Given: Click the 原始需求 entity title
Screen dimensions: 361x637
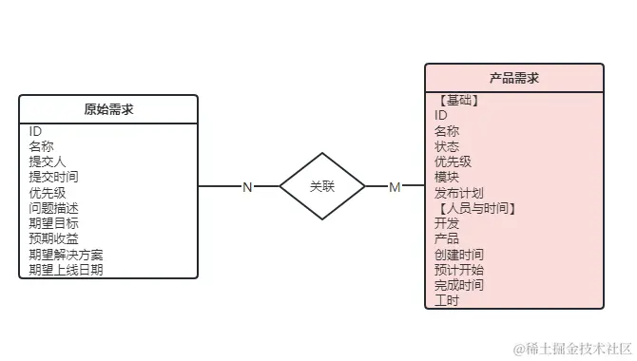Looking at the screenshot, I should pyautogui.click(x=108, y=109).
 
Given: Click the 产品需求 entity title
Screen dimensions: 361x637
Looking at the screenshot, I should pyautogui.click(x=514, y=78).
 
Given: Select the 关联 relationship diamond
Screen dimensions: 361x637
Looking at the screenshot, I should pyautogui.click(x=322, y=186).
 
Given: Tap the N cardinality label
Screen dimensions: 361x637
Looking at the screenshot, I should pyautogui.click(x=247, y=187).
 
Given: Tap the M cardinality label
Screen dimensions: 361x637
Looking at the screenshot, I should pyautogui.click(x=395, y=187).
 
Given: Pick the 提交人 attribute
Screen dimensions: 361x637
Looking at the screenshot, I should pyautogui.click(x=48, y=161).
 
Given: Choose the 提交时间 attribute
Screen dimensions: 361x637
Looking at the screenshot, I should pyautogui.click(x=53, y=177).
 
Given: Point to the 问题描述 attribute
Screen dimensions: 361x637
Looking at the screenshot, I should pyautogui.click(x=53, y=208).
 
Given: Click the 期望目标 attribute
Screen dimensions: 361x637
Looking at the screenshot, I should pyautogui.click(x=53, y=223).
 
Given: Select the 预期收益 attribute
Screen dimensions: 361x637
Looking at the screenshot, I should pyautogui.click(x=53, y=238).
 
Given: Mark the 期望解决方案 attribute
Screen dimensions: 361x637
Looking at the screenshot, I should pyautogui.click(x=66, y=255).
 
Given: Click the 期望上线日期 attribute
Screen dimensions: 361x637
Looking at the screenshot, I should pyautogui.click(x=66, y=270).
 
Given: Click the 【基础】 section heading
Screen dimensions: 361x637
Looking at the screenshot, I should pyautogui.click(x=456, y=100).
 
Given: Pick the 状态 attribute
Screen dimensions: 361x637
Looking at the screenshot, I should pyautogui.click(x=447, y=146).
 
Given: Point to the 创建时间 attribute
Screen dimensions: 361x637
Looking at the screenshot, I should pyautogui.click(x=459, y=255).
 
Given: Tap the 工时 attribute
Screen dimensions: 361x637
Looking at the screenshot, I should pyautogui.click(x=447, y=300).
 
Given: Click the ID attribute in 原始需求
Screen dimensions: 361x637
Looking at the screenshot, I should pyautogui.click(x=35, y=131).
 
